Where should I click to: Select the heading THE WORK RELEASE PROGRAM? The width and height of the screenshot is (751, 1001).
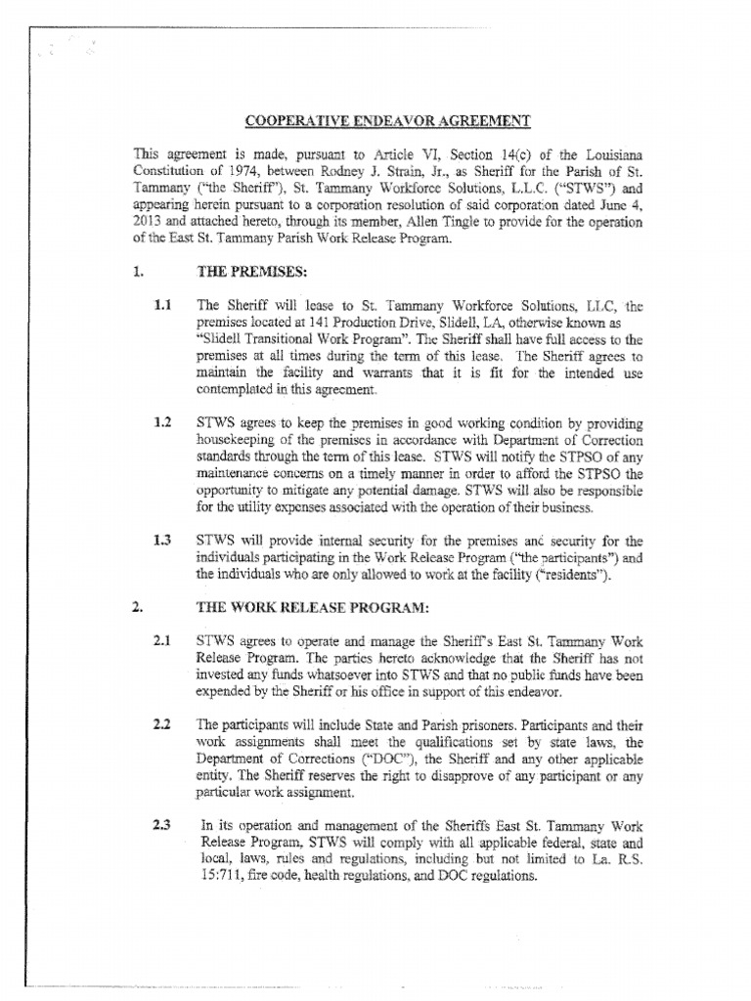[313, 607]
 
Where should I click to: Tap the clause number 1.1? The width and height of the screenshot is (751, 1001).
[162, 305]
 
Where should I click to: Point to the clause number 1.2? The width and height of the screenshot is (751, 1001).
[162, 422]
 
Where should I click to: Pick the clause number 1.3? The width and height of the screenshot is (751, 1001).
[162, 540]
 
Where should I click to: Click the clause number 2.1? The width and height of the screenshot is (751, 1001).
[162, 641]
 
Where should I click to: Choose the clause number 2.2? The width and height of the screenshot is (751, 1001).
[162, 724]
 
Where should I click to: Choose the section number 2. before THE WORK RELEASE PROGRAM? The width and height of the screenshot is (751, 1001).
[136, 607]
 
